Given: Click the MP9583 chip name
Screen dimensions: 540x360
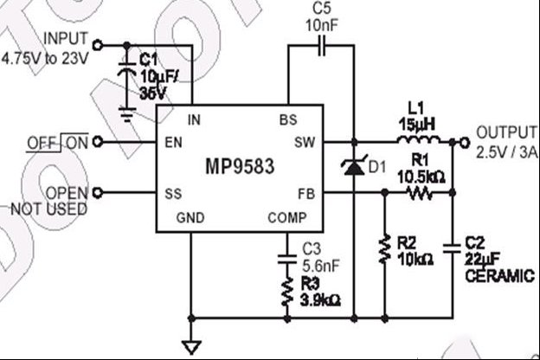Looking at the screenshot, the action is point(240,166).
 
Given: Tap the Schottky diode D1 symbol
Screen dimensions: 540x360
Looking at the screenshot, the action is point(354,166).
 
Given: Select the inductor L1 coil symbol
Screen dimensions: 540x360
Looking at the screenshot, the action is point(419,140).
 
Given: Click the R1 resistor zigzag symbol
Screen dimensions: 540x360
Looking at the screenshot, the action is point(419,193).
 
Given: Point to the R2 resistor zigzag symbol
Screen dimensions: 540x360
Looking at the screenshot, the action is point(385,249).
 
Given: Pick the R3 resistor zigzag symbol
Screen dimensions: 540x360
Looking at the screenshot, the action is point(287,292).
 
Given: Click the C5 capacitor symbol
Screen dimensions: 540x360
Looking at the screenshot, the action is point(321,45).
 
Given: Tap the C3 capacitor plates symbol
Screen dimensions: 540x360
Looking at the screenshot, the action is point(287,260).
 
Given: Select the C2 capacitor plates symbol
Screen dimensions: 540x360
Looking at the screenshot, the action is point(453,248).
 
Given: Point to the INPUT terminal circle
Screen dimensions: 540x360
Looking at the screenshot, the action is point(98,45).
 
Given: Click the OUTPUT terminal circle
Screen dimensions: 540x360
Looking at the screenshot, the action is point(464,142).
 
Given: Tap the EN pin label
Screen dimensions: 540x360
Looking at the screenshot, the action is point(174,142).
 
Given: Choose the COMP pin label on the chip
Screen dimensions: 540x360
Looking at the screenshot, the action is point(287,218).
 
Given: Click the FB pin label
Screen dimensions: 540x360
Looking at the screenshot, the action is point(306,195).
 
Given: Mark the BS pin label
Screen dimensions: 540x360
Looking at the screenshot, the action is point(288,120).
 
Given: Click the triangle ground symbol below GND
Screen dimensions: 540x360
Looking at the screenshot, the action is point(191,347).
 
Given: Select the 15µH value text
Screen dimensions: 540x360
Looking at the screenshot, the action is point(417,125).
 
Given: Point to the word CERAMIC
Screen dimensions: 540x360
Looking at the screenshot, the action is point(500,276).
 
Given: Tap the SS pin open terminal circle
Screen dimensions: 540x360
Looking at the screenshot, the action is point(98,193).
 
